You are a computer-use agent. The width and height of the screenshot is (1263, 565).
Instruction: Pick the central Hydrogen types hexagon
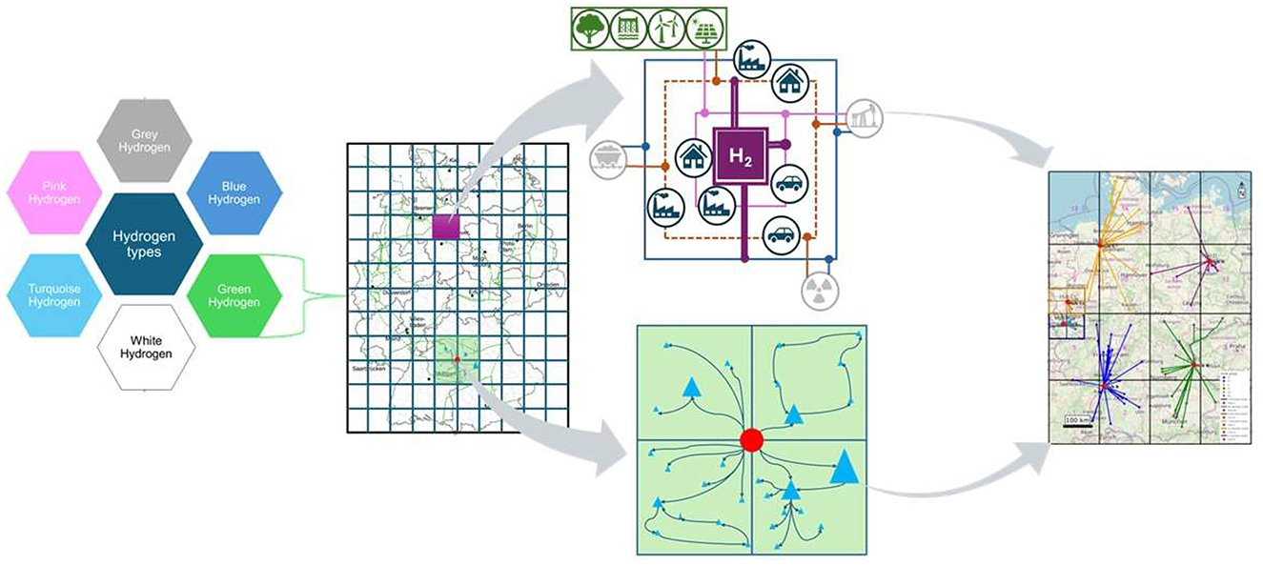click(x=144, y=244)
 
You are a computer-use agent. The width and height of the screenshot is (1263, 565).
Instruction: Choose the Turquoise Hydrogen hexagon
click(x=54, y=294)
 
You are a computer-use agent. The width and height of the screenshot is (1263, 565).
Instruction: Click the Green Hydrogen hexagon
click(x=234, y=294)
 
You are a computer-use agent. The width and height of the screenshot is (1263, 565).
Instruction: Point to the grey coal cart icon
click(x=606, y=157)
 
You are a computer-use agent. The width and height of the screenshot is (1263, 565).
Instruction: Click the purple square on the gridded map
click(x=445, y=227)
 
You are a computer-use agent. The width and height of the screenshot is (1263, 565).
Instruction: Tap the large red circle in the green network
click(x=751, y=439)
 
